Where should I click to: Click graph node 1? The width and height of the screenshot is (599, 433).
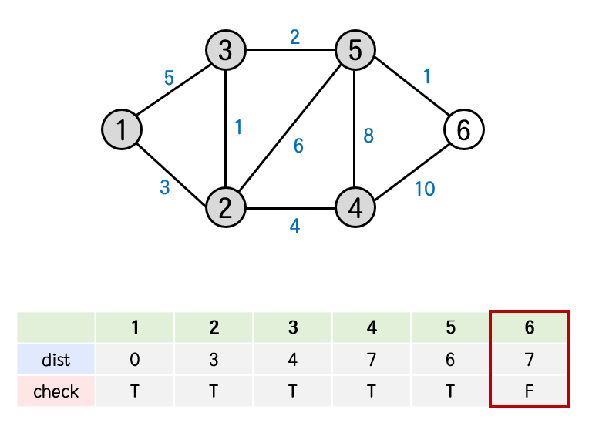pos(121,129)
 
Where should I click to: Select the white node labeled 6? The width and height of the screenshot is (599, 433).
pos(464,129)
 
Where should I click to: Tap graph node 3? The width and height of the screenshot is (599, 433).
pos(225,51)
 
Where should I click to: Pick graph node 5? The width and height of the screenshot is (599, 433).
pos(355,51)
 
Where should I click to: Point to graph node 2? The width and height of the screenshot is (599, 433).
pos(225,207)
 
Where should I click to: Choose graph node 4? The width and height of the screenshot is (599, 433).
pos(355,207)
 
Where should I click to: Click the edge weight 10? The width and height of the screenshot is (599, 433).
pos(424,188)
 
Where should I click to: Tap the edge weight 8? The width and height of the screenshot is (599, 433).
pos(368,136)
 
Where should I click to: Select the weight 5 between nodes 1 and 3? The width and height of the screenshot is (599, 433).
pos(169,78)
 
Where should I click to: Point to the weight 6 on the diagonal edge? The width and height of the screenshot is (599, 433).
pos(298,145)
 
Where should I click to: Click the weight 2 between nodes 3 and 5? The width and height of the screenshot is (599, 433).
pos(294,37)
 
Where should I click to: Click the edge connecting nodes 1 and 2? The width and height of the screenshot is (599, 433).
pos(173,168)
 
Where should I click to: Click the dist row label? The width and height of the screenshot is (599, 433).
pos(56,360)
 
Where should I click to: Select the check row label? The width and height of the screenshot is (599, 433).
pos(56,391)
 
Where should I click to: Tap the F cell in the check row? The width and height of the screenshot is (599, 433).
pos(530,391)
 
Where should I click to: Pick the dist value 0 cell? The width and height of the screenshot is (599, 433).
pos(135,360)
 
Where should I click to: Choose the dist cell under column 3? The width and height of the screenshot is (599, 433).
pos(293,360)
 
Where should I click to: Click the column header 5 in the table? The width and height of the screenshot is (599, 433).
pos(450,327)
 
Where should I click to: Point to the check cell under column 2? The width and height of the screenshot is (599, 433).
pos(214,391)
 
